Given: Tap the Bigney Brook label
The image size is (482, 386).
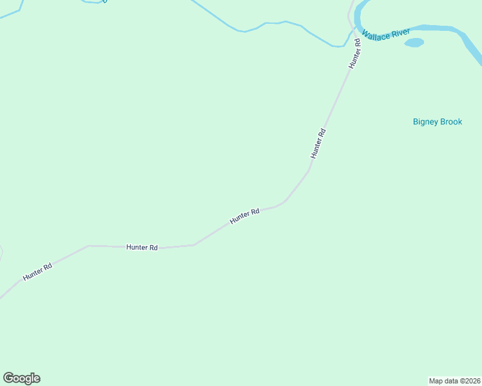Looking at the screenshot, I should (438, 122).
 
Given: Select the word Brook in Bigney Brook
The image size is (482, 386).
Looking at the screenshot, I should (451, 122).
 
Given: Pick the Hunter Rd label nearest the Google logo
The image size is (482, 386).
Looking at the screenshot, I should (37, 271).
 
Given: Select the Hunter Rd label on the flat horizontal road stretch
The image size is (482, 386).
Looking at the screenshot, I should (142, 247).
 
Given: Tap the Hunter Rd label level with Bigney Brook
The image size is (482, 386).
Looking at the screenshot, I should (318, 143).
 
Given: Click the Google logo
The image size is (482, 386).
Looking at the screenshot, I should (21, 378).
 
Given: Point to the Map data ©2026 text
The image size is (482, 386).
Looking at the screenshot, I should (454, 380).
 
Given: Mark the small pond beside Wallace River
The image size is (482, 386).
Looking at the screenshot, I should (414, 43).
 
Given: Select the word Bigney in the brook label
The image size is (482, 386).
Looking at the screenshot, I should (425, 122).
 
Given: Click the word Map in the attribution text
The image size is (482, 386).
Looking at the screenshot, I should (436, 380).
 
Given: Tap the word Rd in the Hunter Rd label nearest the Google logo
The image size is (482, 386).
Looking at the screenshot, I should (46, 266).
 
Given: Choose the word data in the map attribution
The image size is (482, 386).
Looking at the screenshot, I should (451, 380).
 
